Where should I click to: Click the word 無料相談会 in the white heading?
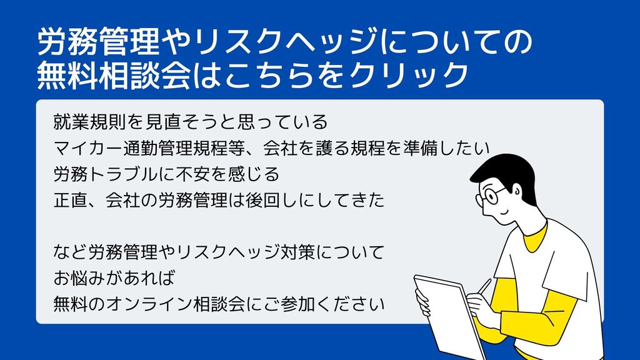(x=114, y=75)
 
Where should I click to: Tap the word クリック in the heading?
(x=409, y=75)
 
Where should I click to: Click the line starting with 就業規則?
(x=191, y=122)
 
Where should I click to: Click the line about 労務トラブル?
(x=166, y=174)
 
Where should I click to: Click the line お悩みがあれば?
(x=114, y=278)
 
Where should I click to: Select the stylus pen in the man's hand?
(x=484, y=286)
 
